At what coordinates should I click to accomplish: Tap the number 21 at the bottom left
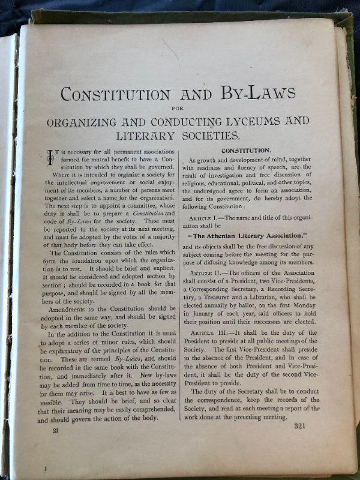click(56, 430)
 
